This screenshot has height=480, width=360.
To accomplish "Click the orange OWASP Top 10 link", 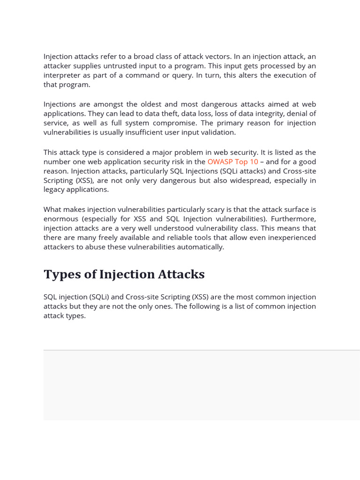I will tap(232, 162).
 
